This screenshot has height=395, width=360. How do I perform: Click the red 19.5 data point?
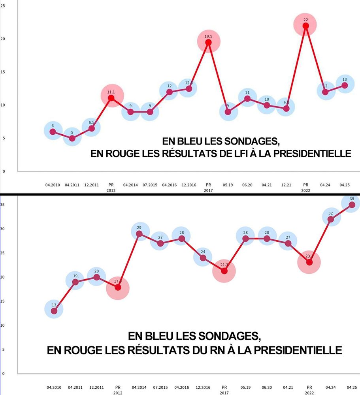[x=208, y=42]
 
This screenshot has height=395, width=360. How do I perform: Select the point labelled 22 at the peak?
[x=305, y=26]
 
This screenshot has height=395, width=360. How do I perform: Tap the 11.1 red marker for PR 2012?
[x=111, y=98]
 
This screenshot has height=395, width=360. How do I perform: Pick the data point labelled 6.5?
[x=91, y=128]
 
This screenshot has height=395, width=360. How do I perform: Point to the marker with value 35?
[x=352, y=204]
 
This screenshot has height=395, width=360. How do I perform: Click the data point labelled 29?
[x=139, y=234]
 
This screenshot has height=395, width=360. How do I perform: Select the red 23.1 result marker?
[x=309, y=262]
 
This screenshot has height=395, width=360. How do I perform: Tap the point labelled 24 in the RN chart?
[x=203, y=258]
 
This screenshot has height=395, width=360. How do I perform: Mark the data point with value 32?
[x=331, y=219]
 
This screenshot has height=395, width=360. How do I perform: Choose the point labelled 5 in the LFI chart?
[x=72, y=138]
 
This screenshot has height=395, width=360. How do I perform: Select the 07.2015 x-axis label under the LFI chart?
[x=150, y=184]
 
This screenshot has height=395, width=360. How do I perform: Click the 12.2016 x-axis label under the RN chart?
[x=203, y=387]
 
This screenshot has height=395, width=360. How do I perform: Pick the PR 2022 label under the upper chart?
[x=305, y=187]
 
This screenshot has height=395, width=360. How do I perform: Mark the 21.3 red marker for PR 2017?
[x=224, y=271]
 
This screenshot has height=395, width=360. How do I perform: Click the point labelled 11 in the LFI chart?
[x=247, y=98]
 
